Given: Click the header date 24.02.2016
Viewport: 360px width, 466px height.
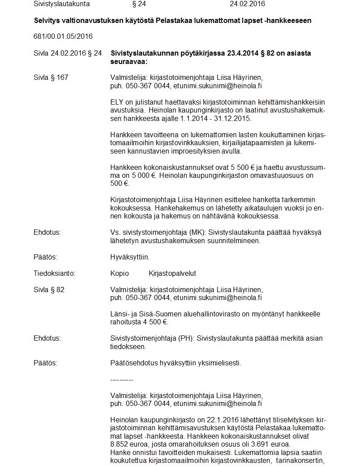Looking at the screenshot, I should pyautogui.click(x=247, y=4).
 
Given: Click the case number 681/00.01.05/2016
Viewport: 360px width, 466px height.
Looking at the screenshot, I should pyautogui.click(x=63, y=36).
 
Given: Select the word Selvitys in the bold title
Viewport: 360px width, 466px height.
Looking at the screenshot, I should pyautogui.click(x=47, y=20).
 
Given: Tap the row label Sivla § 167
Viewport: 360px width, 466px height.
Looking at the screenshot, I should pyautogui.click(x=51, y=78).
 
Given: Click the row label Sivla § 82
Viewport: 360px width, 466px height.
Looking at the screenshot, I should pyautogui.click(x=49, y=289).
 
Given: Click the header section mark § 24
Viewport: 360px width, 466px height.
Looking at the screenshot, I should pyautogui.click(x=139, y=4).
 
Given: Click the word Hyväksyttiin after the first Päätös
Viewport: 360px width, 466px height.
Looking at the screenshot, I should pyautogui.click(x=130, y=257).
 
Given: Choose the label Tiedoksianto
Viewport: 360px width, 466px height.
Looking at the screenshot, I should pyautogui.click(x=54, y=273).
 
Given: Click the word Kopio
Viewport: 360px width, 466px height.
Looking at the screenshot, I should pyautogui.click(x=120, y=273).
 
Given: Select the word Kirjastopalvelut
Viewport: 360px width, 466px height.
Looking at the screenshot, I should pyautogui.click(x=172, y=273).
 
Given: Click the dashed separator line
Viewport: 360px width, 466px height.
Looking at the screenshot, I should pyautogui.click(x=122, y=380).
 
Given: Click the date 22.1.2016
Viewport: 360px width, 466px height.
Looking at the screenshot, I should pyautogui.click(x=209, y=420).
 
